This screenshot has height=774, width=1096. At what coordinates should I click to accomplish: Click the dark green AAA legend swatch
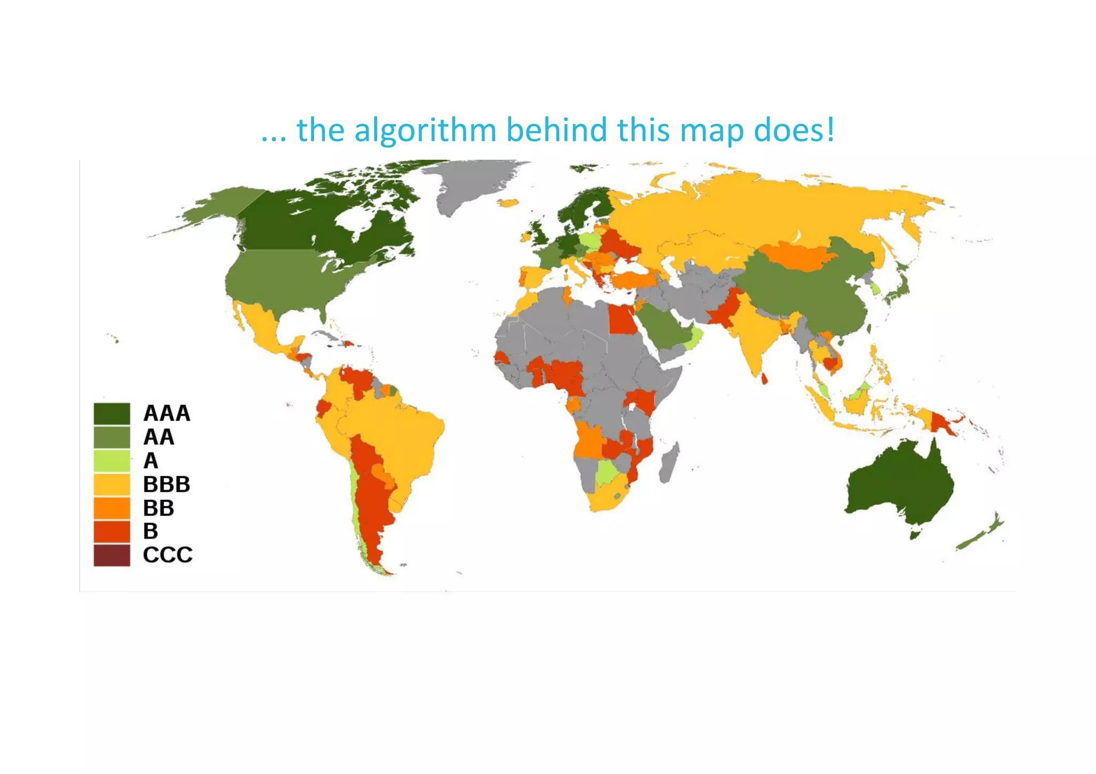[x=112, y=413]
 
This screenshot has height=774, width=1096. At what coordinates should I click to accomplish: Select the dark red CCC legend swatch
[x=112, y=555]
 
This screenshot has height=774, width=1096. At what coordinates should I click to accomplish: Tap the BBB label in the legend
[x=166, y=485]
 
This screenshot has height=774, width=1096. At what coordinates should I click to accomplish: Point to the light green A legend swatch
[x=112, y=461]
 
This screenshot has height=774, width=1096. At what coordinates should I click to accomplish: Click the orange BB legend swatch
[x=112, y=508]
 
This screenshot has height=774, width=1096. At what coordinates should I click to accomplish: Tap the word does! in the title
[x=794, y=130]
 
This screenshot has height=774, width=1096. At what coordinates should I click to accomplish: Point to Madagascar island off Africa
[x=669, y=463]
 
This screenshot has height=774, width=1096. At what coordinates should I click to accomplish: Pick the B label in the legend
[x=151, y=532]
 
